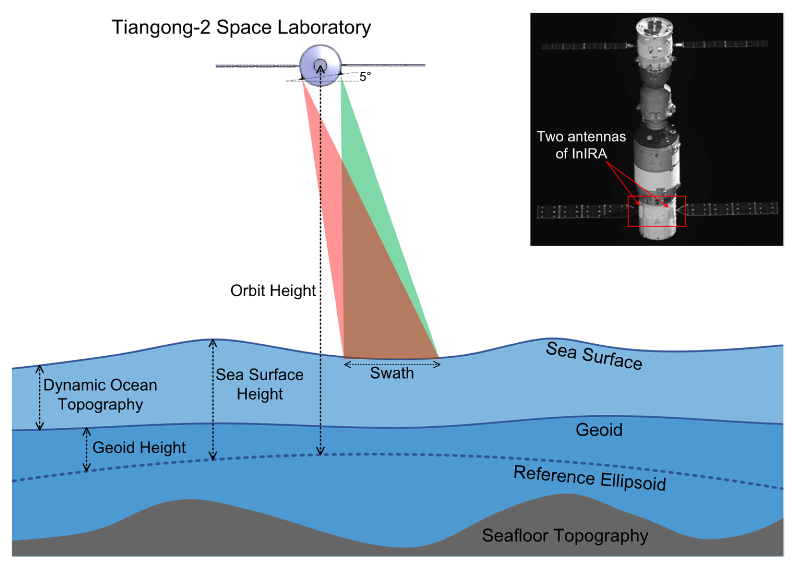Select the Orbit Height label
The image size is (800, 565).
tap(273, 291)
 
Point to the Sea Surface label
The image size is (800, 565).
tap(594, 356)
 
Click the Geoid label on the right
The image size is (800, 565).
tap(599, 430)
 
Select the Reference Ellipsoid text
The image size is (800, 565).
tap(590, 479)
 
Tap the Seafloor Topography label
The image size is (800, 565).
tap(565, 535)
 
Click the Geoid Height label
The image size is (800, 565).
tap(139, 448)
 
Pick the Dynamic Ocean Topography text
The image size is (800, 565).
tap(100, 395)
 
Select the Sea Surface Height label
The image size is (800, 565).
tap(260, 384)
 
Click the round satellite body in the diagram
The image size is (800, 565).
tap(320, 64)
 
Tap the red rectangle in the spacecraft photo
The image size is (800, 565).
tap(657, 211)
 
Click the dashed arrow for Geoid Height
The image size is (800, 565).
tap(86, 450)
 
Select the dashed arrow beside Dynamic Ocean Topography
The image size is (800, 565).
tap(40, 398)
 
